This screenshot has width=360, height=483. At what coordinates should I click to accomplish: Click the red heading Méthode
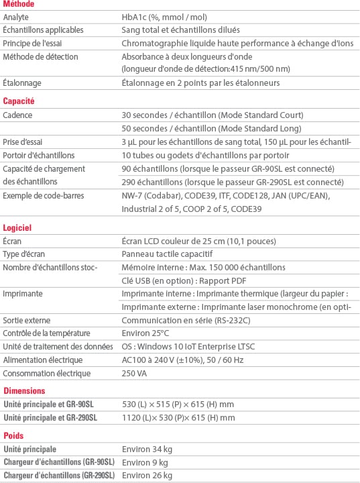(x=19, y=4)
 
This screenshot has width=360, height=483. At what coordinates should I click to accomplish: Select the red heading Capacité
(x=19, y=101)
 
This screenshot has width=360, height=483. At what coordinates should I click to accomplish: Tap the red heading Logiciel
(x=17, y=228)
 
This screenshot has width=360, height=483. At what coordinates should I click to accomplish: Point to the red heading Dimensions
(x=24, y=390)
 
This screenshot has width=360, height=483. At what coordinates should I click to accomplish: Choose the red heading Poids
(x=13, y=435)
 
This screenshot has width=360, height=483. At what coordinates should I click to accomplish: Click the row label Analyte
(x=16, y=17)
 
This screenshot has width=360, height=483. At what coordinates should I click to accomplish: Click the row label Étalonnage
(x=22, y=83)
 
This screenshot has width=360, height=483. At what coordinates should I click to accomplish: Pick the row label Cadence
(x=17, y=115)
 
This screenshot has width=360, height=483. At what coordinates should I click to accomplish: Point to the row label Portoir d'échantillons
(x=38, y=154)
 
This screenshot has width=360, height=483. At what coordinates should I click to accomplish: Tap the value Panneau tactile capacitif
(x=167, y=254)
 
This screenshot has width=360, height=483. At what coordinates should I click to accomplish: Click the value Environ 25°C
(x=145, y=333)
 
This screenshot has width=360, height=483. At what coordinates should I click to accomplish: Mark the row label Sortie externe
(x=27, y=320)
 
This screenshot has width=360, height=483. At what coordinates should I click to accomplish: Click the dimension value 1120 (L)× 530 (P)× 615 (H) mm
(x=178, y=417)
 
